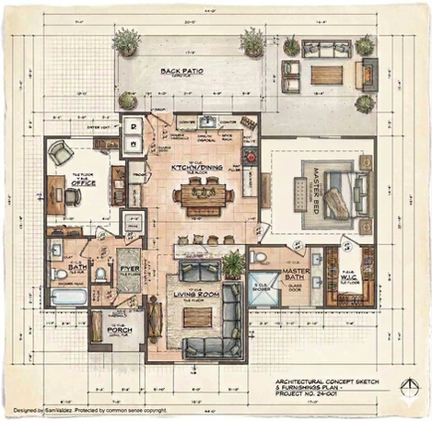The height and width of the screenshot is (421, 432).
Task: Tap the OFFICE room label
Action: (85, 182)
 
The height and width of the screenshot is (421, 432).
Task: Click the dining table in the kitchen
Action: (204, 193)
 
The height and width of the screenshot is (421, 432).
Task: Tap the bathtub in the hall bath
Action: (69, 298)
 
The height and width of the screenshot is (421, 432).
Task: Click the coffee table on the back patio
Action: (327, 74)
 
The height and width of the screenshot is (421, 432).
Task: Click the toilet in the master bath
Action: (260, 259)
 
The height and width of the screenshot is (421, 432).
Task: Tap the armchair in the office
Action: (58, 153)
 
